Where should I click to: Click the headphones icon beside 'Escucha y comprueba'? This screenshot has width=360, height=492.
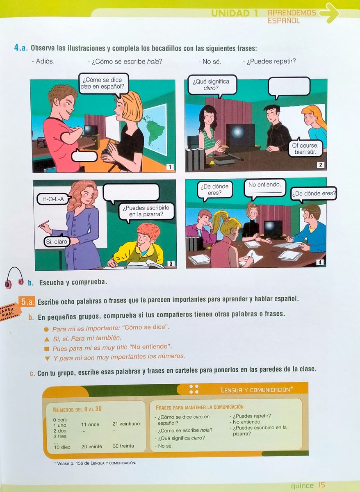click(x=14, y=278)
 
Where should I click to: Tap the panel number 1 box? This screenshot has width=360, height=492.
click(x=170, y=167)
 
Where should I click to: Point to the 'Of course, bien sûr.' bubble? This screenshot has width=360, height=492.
click(x=305, y=148)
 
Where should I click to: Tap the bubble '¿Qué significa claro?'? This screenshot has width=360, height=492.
click(x=211, y=85)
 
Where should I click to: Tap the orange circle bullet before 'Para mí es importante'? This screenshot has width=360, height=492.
click(x=46, y=329)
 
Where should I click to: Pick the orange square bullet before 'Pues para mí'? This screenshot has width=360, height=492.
click(x=46, y=349)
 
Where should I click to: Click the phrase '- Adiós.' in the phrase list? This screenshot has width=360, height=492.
click(x=43, y=61)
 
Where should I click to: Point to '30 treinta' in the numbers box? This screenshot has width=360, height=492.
click(x=123, y=446)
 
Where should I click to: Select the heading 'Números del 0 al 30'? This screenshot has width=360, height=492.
click(x=77, y=409)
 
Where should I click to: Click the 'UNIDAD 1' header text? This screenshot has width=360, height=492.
click(x=234, y=14)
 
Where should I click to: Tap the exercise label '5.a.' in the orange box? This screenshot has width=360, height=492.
click(x=27, y=302)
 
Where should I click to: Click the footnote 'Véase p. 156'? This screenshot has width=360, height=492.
click(x=95, y=463)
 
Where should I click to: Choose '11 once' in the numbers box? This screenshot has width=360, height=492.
click(x=90, y=424)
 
